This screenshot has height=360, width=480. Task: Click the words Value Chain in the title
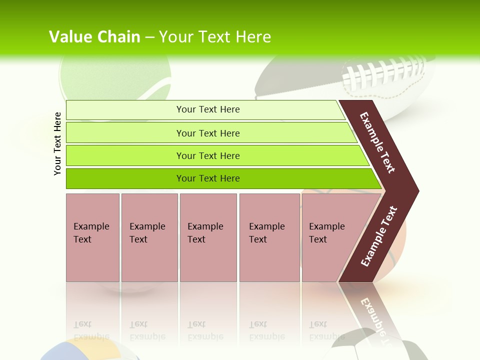(x=94, y=37)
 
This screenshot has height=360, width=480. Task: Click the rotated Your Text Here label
(x=57, y=144)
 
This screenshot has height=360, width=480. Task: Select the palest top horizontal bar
(x=205, y=110)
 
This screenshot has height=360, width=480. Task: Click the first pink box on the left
(x=92, y=237)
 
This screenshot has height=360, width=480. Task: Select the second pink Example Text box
(x=149, y=237)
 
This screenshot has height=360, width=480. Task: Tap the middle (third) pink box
(x=208, y=237)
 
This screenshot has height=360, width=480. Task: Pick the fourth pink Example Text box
(x=269, y=237)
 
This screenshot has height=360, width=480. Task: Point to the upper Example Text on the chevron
(x=377, y=142)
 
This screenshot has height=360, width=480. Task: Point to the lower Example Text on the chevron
(x=379, y=236)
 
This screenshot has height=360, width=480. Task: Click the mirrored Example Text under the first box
(x=91, y=330)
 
